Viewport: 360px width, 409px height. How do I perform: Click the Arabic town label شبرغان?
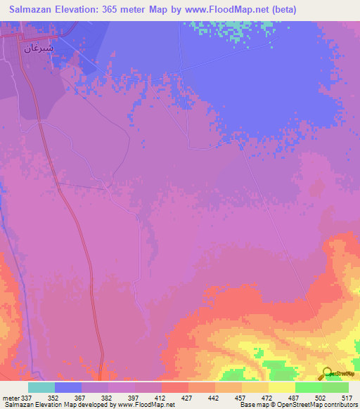point(39,48)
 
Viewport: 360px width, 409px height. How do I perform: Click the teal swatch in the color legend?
point(41,387)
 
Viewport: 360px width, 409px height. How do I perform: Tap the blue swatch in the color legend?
point(68,387)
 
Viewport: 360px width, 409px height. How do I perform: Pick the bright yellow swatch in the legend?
point(281,387)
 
